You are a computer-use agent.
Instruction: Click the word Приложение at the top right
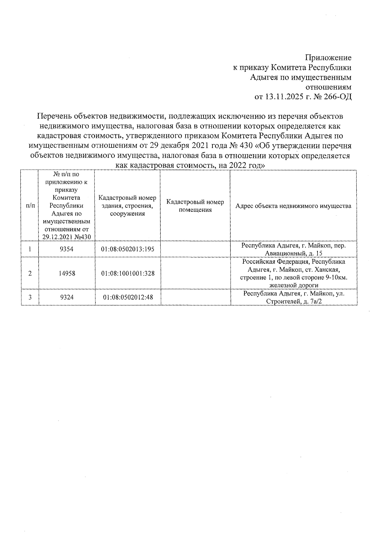(x=329, y=58)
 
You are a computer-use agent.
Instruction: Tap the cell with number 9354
(x=67, y=249)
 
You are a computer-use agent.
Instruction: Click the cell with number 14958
(x=67, y=273)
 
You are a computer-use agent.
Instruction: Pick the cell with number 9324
(x=67, y=297)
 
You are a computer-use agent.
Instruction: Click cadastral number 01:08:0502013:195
(x=128, y=249)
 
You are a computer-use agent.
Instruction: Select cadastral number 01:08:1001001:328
(x=128, y=273)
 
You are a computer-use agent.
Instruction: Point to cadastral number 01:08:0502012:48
(x=128, y=297)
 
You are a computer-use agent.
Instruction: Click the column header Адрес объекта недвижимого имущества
(x=293, y=206)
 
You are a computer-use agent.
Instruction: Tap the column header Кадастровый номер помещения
(x=195, y=206)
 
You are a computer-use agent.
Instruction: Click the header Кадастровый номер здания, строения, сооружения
(x=127, y=206)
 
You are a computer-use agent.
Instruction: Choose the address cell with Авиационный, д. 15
(x=293, y=249)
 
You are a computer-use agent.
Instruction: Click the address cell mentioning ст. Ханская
(x=293, y=273)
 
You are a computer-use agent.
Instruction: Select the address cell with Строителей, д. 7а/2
(x=293, y=297)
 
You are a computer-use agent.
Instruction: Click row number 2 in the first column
(x=30, y=273)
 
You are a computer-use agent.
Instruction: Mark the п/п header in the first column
(x=30, y=206)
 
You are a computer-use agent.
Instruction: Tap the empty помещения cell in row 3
(x=195, y=297)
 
